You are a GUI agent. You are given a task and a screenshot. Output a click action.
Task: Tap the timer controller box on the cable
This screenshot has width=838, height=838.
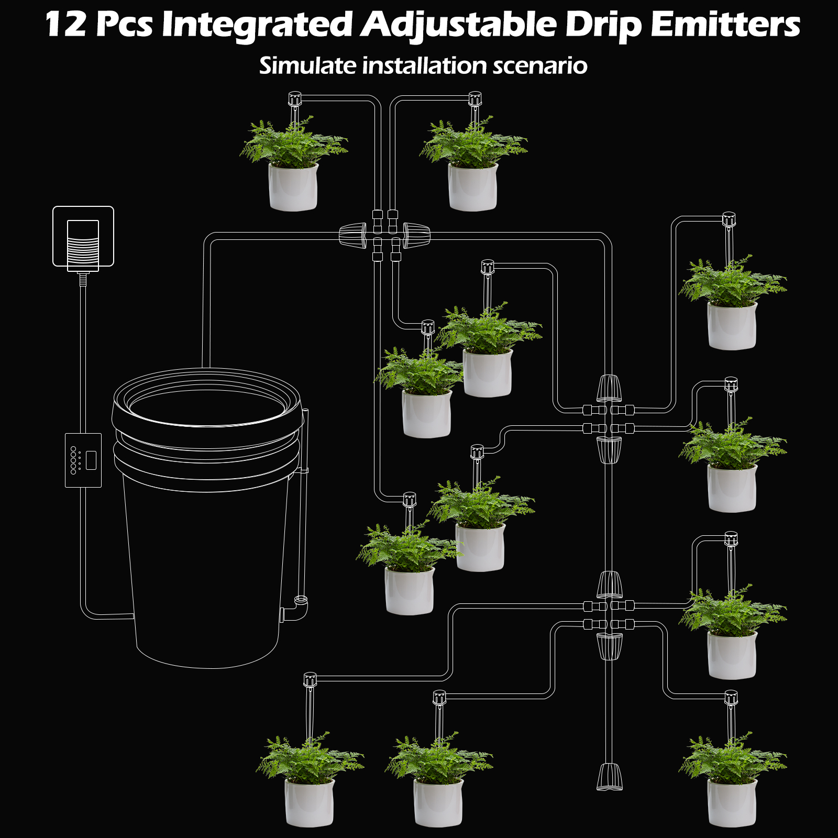[x=83, y=460]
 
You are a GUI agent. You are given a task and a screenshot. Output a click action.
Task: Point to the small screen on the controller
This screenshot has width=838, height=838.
[x=91, y=460]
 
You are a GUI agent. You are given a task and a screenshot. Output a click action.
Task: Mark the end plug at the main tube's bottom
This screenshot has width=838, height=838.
[x=610, y=777]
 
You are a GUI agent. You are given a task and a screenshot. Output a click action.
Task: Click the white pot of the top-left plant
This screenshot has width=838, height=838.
[x=293, y=187]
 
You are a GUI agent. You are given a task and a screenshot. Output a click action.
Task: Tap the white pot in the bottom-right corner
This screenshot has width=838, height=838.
[x=732, y=802]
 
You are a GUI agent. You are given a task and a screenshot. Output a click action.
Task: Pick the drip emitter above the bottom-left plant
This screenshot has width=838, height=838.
[x=310, y=679]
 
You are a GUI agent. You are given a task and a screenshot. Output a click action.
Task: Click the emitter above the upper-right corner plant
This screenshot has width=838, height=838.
[x=729, y=218]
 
